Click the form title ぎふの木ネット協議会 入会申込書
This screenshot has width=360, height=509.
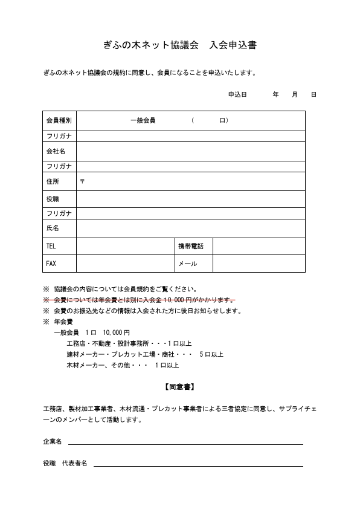tap(180, 45)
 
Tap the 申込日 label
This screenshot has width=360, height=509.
tap(237, 94)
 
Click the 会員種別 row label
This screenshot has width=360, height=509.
tap(59, 120)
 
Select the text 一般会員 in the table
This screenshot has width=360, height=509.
tap(143, 120)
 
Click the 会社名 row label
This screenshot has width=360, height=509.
tap(56, 151)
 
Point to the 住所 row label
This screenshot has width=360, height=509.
tap(53, 181)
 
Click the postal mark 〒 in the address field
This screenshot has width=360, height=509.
tap(82, 181)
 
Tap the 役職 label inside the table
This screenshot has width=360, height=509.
tap(53, 199)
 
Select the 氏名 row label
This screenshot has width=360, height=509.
tap(53, 228)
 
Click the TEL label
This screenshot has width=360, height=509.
tap(51, 246)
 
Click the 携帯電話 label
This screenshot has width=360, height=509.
tap(190, 246)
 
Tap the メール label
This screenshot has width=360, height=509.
tap(187, 264)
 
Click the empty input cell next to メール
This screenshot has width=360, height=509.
tap(259, 264)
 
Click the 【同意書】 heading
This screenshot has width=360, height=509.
tap(179, 386)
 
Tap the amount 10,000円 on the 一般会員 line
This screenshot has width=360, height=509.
tap(117, 332)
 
